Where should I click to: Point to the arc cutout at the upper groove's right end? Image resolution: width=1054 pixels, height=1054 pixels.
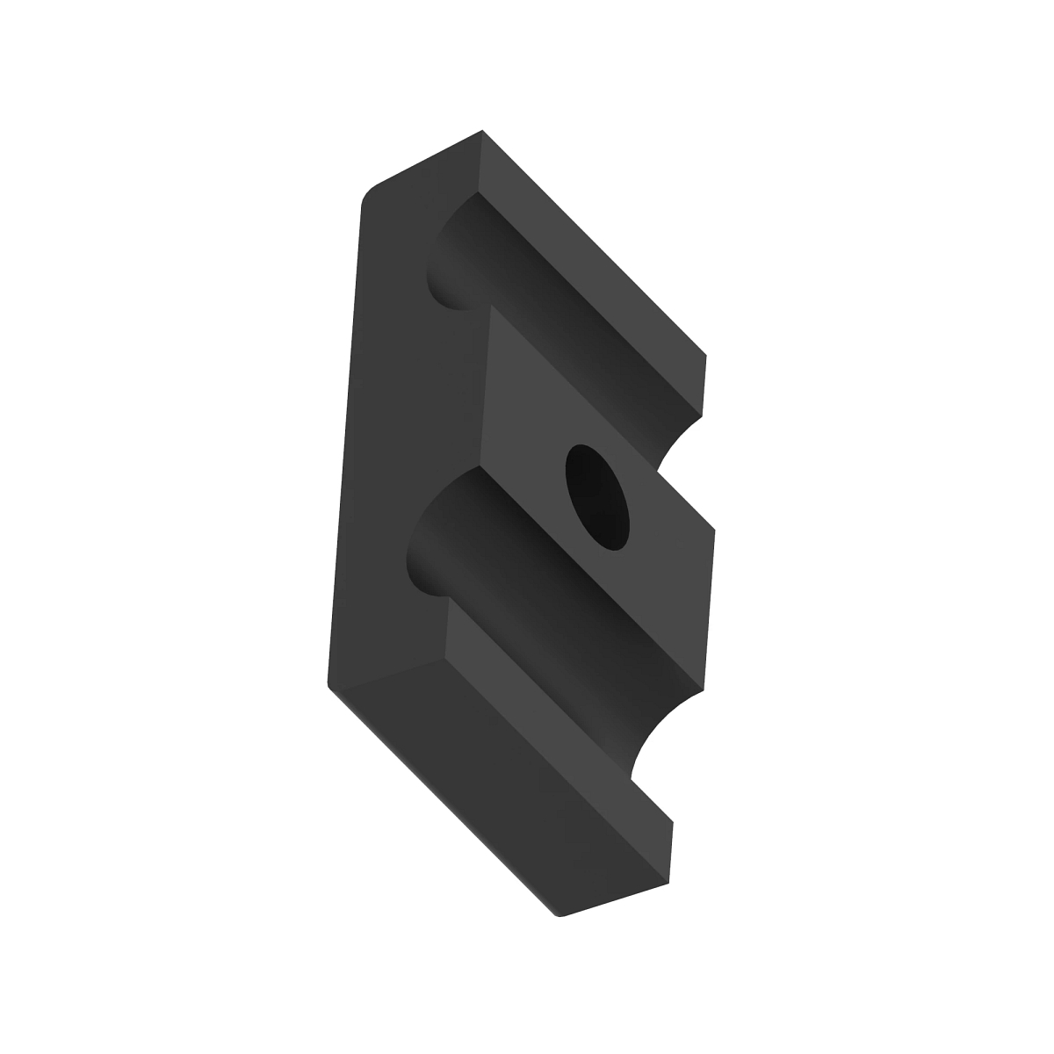(x=681, y=439)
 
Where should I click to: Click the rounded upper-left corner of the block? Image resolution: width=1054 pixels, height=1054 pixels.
(x=369, y=193)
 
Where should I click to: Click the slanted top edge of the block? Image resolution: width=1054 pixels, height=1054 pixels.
(x=422, y=162)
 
